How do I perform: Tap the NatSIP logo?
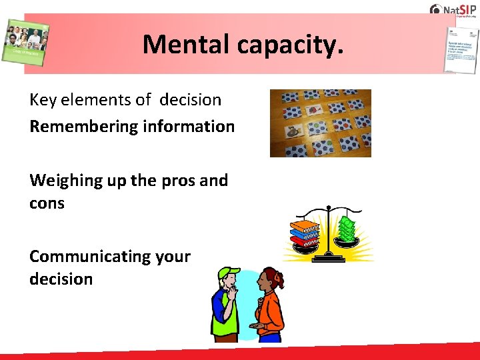(453, 9)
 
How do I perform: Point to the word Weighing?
(64, 181)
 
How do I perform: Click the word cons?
(47, 203)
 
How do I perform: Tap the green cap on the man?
(229, 274)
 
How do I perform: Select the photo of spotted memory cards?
(320, 123)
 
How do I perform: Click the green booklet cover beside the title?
(25, 44)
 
